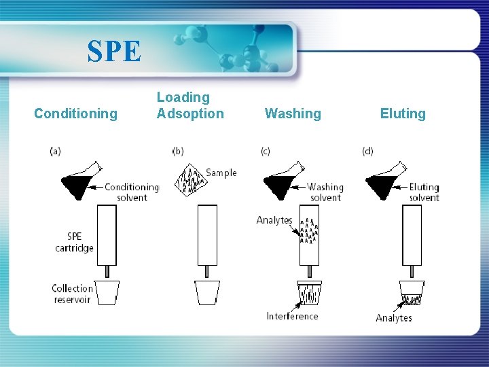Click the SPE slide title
tap(114, 51)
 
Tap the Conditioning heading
tap(75, 113)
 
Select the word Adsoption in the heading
tap(190, 113)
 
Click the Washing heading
tap(293, 113)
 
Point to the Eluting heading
tap(403, 113)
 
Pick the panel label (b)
tap(178, 151)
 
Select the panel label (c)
tap(266, 151)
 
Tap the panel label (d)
tap(367, 151)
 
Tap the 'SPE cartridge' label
tap(74, 242)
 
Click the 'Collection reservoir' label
tap(73, 294)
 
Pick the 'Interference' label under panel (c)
tap(292, 316)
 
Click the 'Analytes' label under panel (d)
tap(394, 317)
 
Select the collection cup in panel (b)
tap(207, 293)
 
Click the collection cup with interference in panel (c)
tap(310, 293)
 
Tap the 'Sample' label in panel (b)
tap(221, 173)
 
